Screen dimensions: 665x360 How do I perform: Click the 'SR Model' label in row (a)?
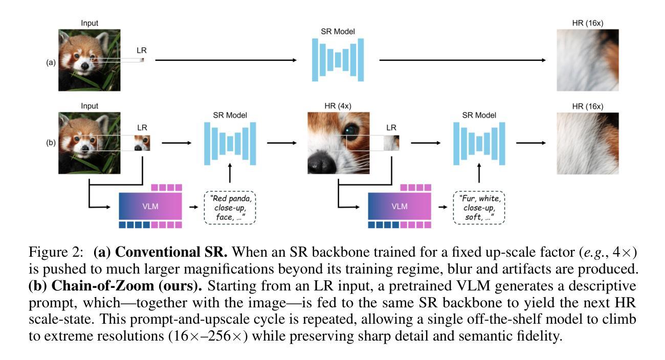(338, 32)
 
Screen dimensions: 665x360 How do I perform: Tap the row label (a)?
(51, 62)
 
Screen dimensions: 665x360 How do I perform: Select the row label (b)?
(51, 143)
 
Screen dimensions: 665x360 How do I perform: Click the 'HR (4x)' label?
(338, 106)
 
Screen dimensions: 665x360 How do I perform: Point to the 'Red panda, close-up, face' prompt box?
(230, 208)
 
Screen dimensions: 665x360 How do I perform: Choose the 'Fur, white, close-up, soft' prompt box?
(479, 208)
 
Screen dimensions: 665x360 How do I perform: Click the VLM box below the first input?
(150, 206)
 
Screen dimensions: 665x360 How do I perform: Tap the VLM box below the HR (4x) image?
(400, 206)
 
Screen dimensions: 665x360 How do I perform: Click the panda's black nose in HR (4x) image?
(320, 162)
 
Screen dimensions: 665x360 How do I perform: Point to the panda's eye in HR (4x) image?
(350, 130)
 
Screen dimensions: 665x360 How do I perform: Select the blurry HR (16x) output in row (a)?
(588, 60)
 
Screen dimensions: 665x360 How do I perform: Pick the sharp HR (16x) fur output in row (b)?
(588, 143)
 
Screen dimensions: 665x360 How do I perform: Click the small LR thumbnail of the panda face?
(142, 143)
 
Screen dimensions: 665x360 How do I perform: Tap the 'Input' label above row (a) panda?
(90, 23)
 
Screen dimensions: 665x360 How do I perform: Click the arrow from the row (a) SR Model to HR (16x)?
(462, 60)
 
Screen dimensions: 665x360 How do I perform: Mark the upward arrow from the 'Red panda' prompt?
(230, 173)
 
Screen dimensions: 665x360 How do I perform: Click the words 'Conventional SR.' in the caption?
(171, 252)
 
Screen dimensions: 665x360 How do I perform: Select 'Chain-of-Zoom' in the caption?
(103, 286)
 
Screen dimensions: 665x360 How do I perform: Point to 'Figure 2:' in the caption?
(56, 253)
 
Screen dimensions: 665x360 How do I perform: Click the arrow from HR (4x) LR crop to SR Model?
(426, 143)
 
